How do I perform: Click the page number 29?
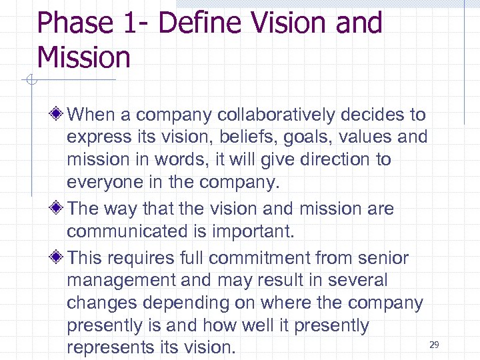pos(434,345)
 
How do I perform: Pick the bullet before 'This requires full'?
pos(59,257)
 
